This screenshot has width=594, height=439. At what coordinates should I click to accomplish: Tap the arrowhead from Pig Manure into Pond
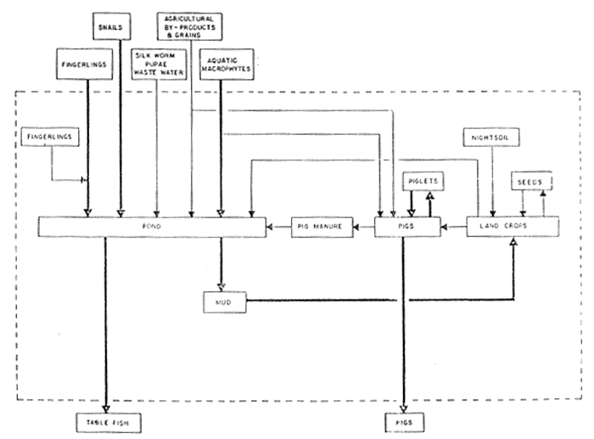tap(271, 228)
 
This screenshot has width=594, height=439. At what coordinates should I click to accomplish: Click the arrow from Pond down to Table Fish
tap(106, 323)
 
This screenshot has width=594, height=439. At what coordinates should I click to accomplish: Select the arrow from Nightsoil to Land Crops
tap(493, 183)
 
